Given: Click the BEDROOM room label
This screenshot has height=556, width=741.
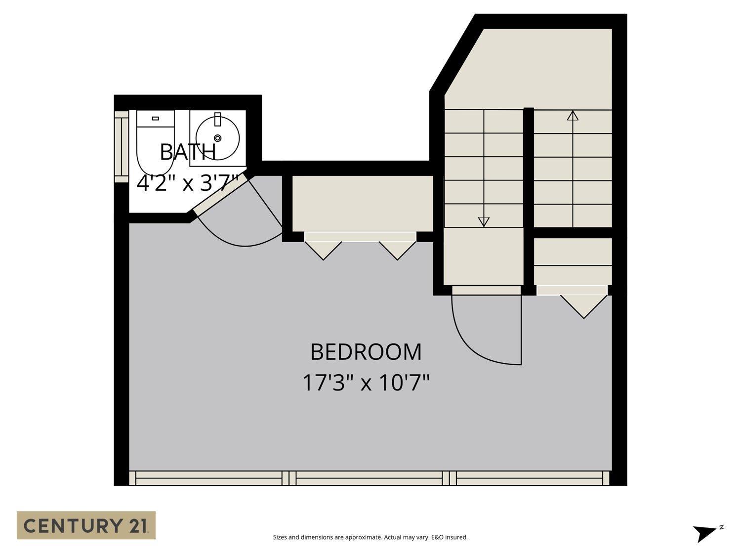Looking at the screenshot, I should pos(366,352).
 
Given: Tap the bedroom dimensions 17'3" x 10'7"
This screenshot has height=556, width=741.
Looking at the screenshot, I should pos(366,383).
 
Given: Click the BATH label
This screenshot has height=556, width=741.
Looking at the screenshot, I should pos(188,152).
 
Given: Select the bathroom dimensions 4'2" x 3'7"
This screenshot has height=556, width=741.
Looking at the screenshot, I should pos(188,183).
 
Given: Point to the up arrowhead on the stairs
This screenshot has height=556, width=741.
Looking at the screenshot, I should pos(573,116).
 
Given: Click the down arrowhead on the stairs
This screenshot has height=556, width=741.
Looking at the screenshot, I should pos(484,221).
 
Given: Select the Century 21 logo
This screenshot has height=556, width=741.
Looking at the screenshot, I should pos(86,525).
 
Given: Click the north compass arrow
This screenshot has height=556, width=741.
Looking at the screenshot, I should pos(704,533).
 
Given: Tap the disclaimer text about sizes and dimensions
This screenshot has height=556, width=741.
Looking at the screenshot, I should pos(370,537).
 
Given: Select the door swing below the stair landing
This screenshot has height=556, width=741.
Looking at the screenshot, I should pos(474,341).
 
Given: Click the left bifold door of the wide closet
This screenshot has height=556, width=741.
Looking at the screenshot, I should pos(323,249).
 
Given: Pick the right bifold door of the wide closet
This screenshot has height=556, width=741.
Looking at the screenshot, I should pos(397,249).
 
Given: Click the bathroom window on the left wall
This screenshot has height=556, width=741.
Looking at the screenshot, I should pos(121,146).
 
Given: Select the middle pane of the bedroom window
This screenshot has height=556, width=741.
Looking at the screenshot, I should pos(369,478).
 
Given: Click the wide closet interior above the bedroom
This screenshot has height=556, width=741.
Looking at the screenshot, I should pos(362,203).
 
